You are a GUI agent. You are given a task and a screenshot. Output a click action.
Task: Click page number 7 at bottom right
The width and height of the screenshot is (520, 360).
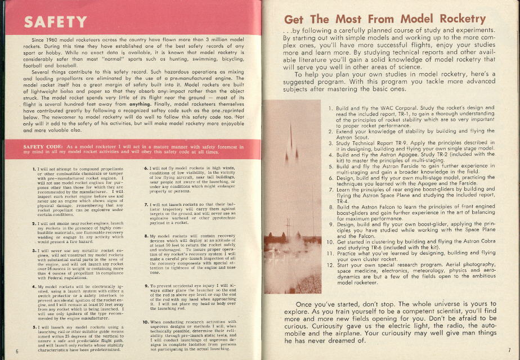click(508, 350)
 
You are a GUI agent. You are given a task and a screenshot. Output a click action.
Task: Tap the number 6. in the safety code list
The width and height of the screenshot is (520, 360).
click(147, 168)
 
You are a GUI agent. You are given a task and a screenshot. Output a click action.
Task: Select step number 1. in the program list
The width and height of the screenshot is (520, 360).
click(331, 107)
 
